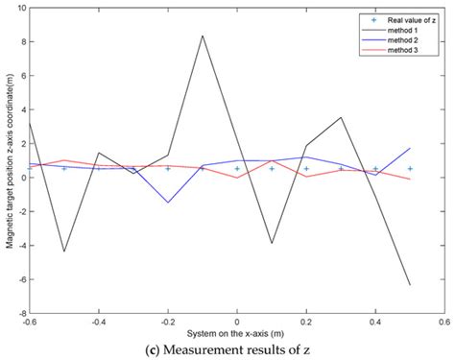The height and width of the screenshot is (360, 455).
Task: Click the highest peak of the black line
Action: pyautogui.click(x=203, y=36)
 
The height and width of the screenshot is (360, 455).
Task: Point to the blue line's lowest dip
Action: pyautogui.click(x=168, y=203)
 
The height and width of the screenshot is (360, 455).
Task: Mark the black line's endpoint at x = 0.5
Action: pyautogui.click(x=410, y=285)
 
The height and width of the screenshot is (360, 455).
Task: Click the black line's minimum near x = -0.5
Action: pyautogui.click(x=64, y=252)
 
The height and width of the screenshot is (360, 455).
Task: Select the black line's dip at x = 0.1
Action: pyautogui.click(x=272, y=244)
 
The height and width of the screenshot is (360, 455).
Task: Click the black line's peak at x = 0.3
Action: pyautogui.click(x=341, y=117)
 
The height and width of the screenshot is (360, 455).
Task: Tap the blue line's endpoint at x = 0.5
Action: pyautogui.click(x=410, y=149)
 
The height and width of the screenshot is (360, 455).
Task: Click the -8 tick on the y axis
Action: pyautogui.click(x=20, y=313)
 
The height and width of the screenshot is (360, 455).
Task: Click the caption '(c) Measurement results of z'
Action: pyautogui.click(x=237, y=350)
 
